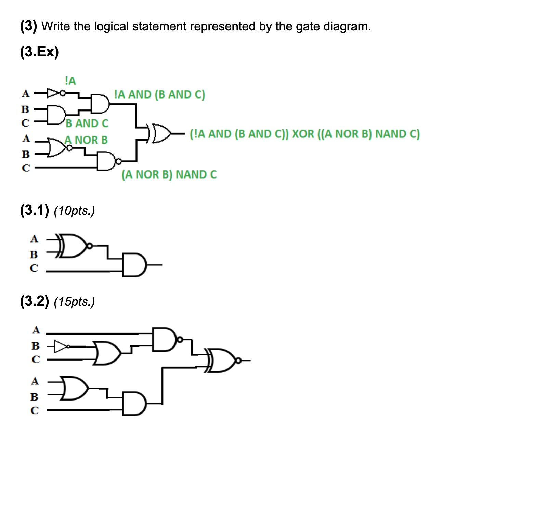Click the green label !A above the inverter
(70, 81)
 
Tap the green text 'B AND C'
(87, 123)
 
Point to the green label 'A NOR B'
(86, 140)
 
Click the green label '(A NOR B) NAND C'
(169, 174)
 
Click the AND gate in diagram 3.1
(134, 265)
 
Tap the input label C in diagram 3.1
(34, 268)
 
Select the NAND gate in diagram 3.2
(166, 339)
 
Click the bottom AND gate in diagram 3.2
(134, 404)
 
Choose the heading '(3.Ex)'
(39, 52)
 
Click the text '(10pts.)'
(74, 211)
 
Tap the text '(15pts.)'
(74, 302)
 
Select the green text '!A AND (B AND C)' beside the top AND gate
(159, 94)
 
